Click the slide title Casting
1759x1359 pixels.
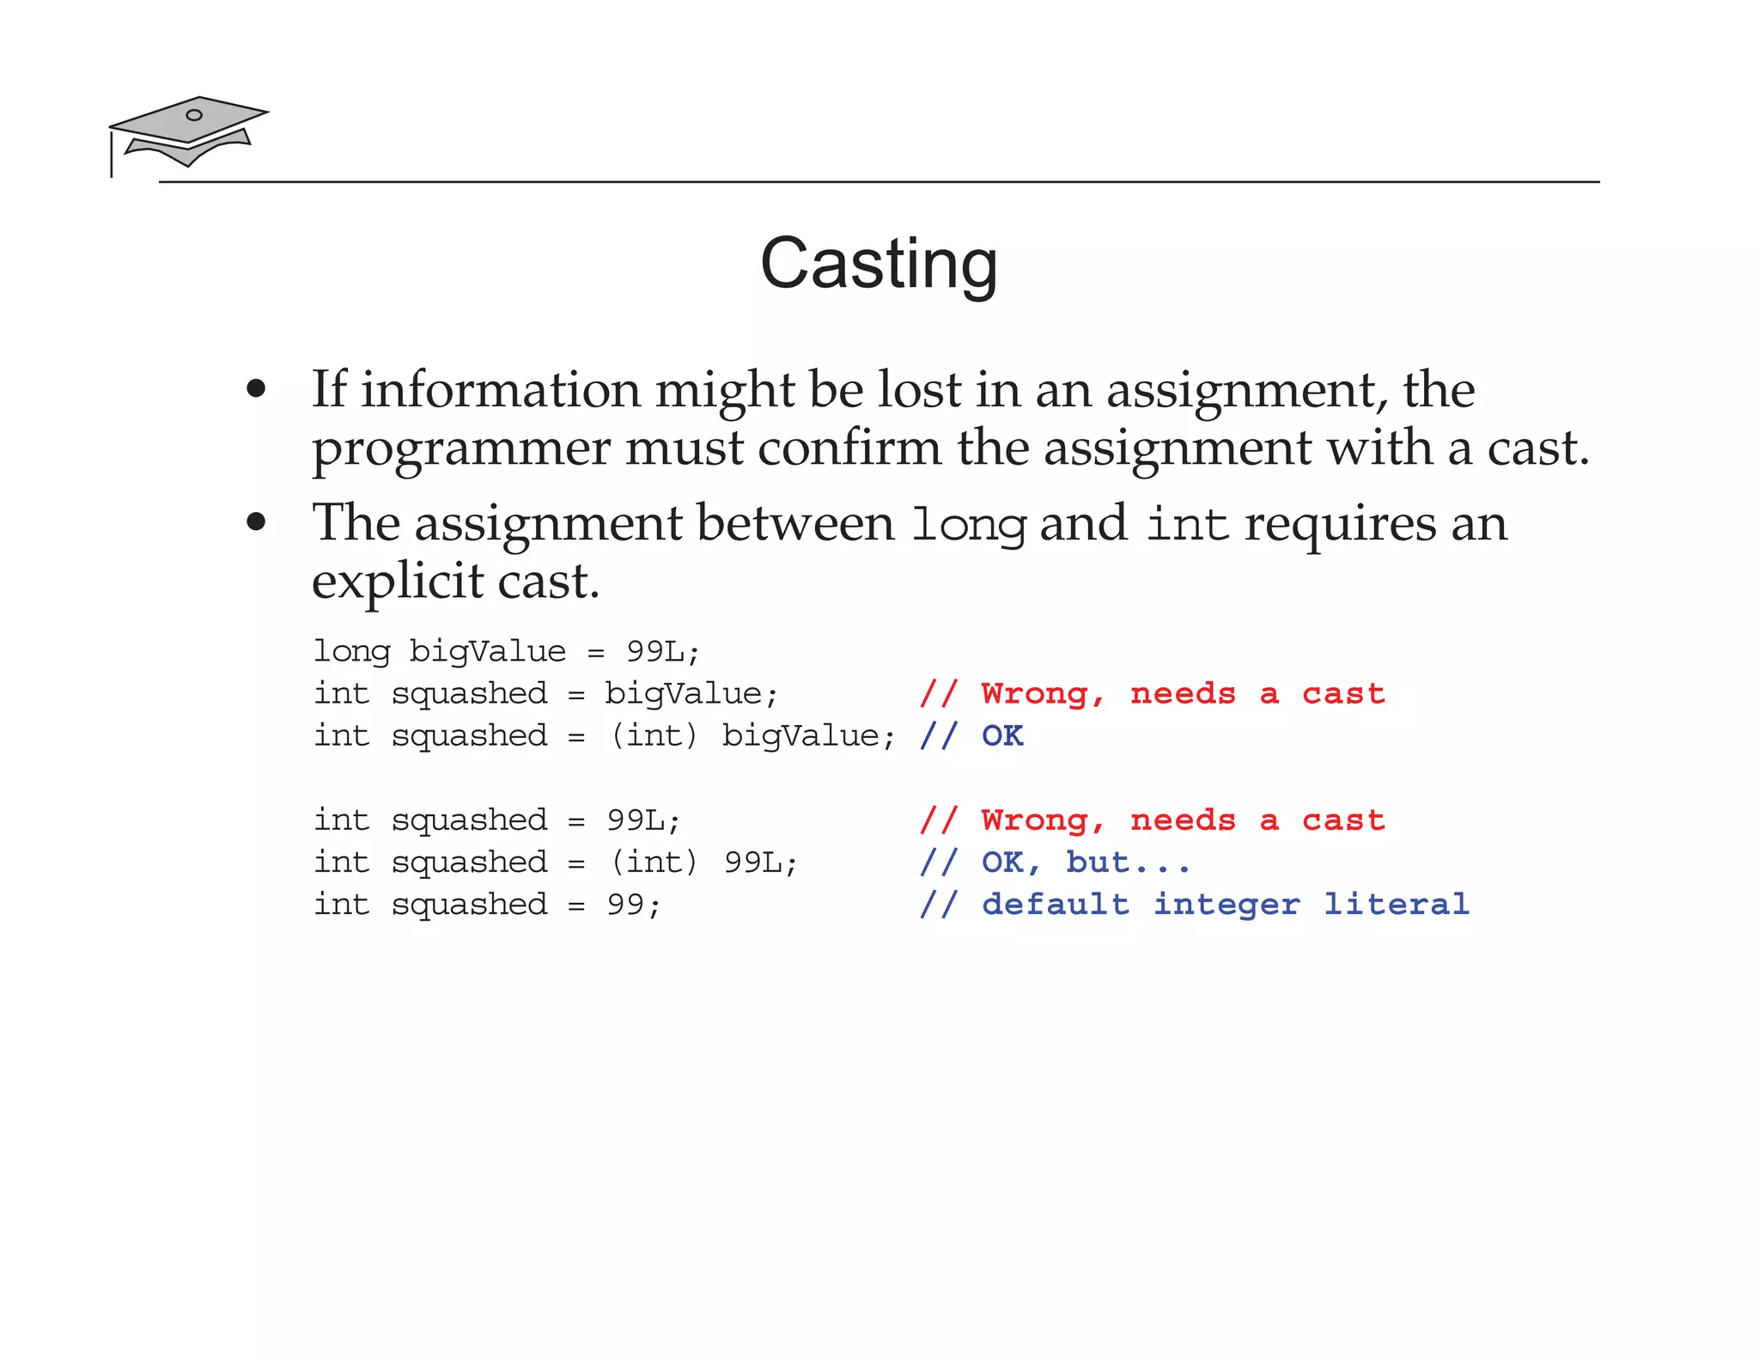[879, 264]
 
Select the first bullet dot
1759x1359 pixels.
[255, 389]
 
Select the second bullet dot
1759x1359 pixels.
[255, 521]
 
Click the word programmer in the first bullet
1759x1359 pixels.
[460, 449]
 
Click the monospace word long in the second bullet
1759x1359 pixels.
[968, 525]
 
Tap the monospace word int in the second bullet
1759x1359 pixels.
[1187, 524]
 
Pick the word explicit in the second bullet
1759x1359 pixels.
[397, 582]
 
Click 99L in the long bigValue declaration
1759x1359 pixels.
[655, 651]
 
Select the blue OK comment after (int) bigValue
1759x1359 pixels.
[1002, 736]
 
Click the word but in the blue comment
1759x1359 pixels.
[1097, 862]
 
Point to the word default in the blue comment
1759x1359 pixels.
[1056, 905]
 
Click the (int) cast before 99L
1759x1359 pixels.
[654, 862]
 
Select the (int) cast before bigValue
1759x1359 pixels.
[654, 736]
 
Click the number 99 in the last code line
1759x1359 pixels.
[625, 905]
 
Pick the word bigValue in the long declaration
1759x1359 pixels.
[487, 651]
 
